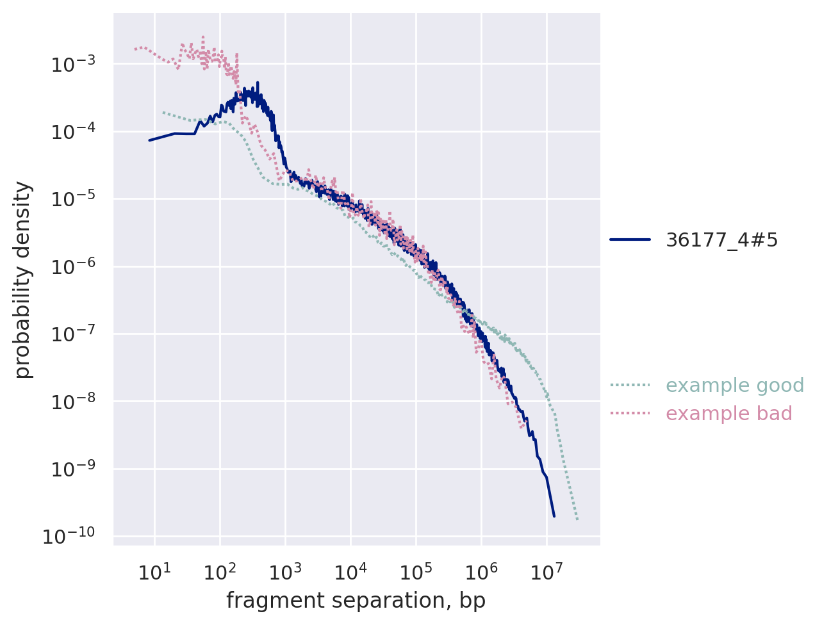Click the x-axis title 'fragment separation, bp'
point(356,601)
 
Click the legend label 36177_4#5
point(722,240)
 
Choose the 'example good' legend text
point(735,386)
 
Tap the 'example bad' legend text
point(729,414)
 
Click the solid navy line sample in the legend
point(630,240)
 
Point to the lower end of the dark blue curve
point(554,515)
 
